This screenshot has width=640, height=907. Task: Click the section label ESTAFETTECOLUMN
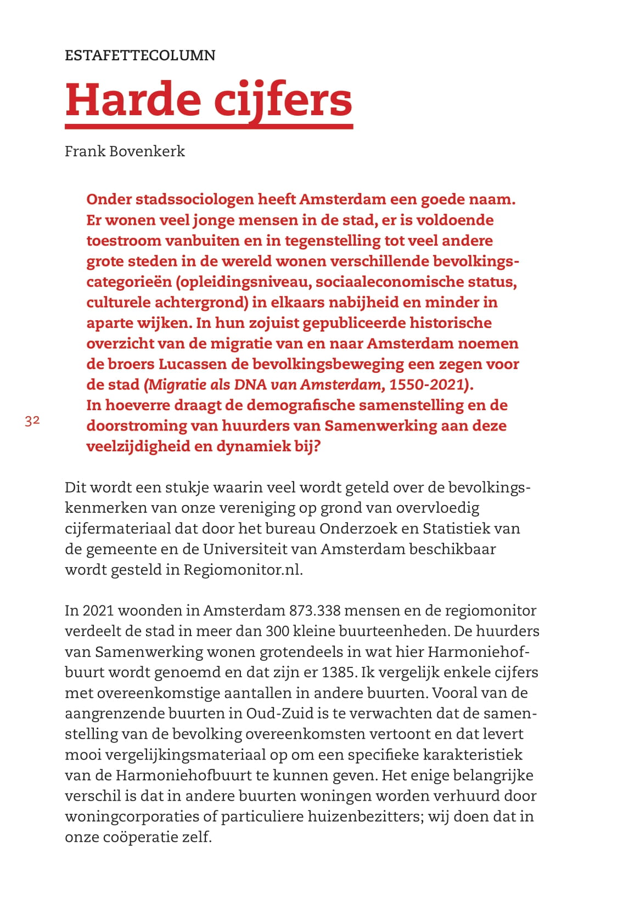(140, 55)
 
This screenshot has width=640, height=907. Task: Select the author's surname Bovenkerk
(148, 151)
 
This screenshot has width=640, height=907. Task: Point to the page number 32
(32, 421)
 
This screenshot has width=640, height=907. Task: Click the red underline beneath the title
(209, 127)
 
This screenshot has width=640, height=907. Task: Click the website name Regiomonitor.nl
(243, 570)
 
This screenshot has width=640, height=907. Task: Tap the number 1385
(338, 672)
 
